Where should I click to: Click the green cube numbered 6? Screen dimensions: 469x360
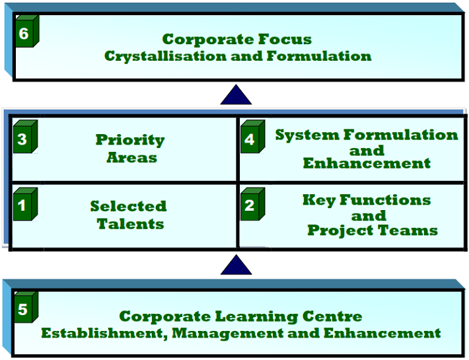tap(27, 32)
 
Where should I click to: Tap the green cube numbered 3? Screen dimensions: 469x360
tap(26, 137)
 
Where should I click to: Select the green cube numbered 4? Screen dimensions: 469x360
tap(253, 137)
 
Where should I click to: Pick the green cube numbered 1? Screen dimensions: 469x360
tap(26, 204)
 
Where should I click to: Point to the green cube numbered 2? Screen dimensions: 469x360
tap(253, 204)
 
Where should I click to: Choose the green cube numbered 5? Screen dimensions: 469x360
tap(26, 307)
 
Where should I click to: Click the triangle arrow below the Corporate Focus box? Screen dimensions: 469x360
tap(236, 94)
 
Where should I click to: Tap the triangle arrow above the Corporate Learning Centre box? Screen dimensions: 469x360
tap(236, 265)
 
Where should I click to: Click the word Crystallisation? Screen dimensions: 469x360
tap(165, 57)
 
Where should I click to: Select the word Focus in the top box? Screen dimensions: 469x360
tap(285, 39)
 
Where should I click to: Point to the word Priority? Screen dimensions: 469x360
tap(130, 140)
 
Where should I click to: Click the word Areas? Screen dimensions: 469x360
tap(132, 157)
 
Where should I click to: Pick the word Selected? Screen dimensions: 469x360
tap(128, 206)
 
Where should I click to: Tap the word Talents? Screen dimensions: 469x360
tap(130, 224)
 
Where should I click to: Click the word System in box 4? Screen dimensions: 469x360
tap(307, 135)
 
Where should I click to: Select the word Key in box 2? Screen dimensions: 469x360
tap(319, 200)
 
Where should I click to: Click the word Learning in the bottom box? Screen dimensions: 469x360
tap(256, 317)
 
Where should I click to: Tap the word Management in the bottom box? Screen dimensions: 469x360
tap(228, 334)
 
